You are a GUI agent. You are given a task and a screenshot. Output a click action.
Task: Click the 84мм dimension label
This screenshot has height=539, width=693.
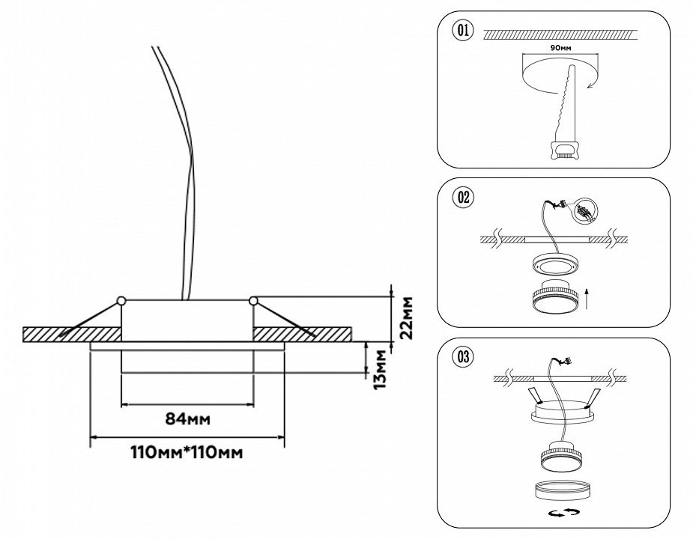[x=187, y=418]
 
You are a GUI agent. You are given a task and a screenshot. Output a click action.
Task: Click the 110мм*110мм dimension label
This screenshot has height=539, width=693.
[x=187, y=452]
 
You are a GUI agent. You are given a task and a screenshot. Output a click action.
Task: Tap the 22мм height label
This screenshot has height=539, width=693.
[x=405, y=318]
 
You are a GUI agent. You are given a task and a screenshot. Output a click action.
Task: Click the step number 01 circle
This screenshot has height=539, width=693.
[x=462, y=31]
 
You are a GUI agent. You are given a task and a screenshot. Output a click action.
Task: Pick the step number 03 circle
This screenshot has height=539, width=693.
[x=462, y=357]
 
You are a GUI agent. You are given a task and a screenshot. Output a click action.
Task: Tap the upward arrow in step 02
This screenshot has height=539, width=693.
[x=589, y=299]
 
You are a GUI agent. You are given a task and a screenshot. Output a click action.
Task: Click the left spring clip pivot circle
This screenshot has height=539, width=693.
[x=121, y=302]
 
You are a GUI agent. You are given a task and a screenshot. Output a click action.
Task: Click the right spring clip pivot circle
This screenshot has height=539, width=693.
[x=253, y=302]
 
